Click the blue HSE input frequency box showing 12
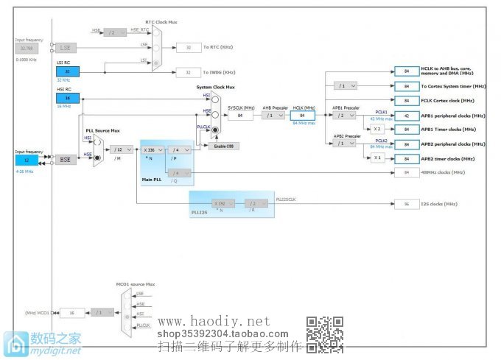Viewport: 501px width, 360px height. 27,159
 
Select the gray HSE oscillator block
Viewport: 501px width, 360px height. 66,159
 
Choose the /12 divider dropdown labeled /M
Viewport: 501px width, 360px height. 121,149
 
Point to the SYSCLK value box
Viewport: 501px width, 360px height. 240,116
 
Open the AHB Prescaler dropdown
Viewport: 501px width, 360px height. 273,116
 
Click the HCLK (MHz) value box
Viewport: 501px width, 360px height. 302,116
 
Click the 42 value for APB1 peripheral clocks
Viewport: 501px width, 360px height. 406,116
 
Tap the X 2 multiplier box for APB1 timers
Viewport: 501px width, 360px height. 377,130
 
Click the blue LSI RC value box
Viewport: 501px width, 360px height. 68,71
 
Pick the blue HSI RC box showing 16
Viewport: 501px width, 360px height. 68,98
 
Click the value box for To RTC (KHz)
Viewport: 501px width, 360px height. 189,47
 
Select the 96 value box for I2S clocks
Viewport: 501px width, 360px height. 406,204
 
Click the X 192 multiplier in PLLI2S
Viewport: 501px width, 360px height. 220,204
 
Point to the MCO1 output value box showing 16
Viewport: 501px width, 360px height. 71,312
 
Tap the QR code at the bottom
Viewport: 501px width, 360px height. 325,333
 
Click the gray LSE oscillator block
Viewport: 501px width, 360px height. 66,47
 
